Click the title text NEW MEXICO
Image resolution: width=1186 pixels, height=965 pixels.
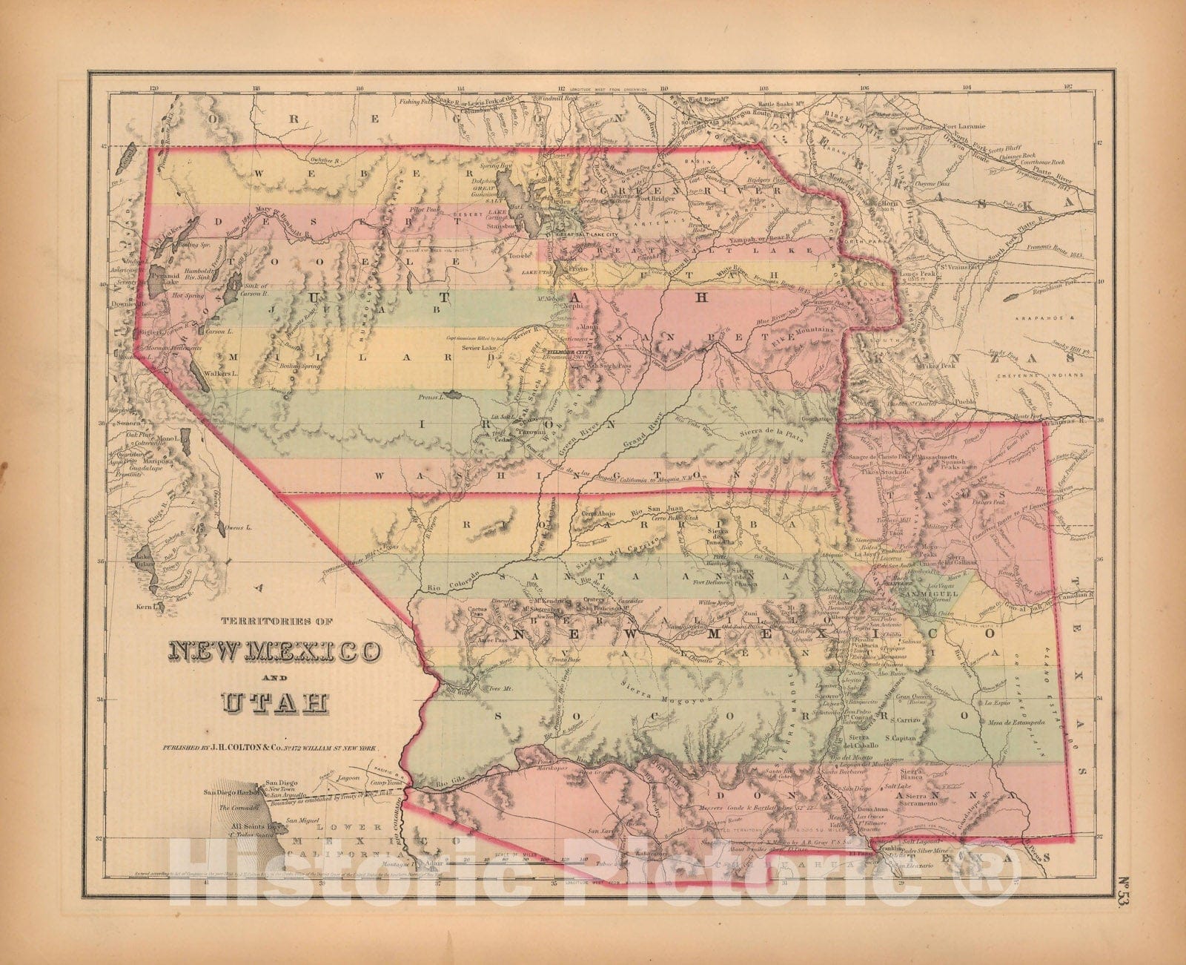pyautogui.click(x=276, y=651)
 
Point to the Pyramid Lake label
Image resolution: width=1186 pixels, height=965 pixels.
pyautogui.click(x=165, y=278)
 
